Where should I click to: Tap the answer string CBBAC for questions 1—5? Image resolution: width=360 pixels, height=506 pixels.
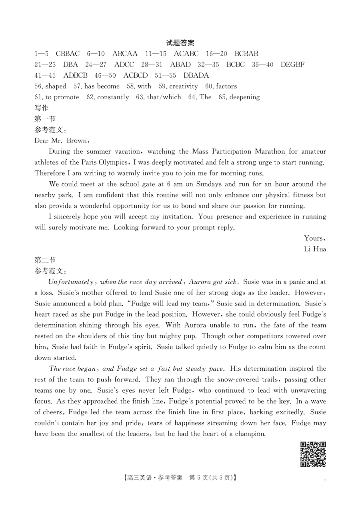68,54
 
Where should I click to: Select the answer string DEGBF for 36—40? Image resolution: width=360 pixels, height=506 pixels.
292,64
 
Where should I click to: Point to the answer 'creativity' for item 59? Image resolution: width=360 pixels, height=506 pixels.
184,86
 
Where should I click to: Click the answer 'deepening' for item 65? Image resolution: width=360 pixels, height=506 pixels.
245,97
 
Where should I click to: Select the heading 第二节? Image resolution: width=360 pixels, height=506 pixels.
45,260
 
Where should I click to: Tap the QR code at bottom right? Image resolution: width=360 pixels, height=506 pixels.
313,454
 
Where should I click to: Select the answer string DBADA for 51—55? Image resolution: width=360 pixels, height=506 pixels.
196,75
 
